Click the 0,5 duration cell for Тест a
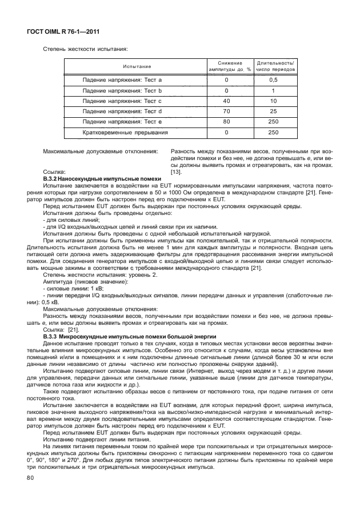pyautogui.click(x=273, y=80)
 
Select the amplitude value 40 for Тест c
pyautogui.click(x=226, y=101)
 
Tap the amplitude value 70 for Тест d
pyautogui.click(x=226, y=111)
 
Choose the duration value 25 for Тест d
pyautogui.click(x=273, y=111)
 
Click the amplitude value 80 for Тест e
pyautogui.click(x=226, y=122)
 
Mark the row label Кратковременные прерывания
pyautogui.click(x=125, y=133)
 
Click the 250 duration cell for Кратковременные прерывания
pyautogui.click(x=273, y=133)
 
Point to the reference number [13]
pyautogui.click(x=177, y=172)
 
